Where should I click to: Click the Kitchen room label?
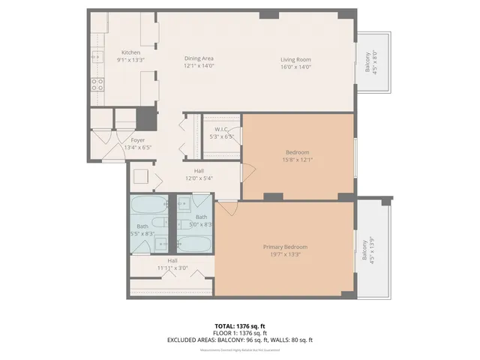coord(130,52)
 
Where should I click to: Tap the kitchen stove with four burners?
coord(97,84)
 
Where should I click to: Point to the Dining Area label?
coord(199,58)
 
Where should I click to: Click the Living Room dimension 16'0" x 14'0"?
coord(295,67)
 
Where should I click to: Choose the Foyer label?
coord(138,139)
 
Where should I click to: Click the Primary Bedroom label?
coord(285,247)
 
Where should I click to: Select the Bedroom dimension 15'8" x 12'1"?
coord(297,159)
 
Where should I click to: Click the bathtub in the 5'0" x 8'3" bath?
coord(194,244)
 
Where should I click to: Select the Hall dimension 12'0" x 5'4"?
coord(199,178)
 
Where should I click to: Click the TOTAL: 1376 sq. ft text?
coord(239,326)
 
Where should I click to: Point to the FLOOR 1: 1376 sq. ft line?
coord(239,333)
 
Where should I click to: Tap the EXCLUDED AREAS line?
coord(239,340)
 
